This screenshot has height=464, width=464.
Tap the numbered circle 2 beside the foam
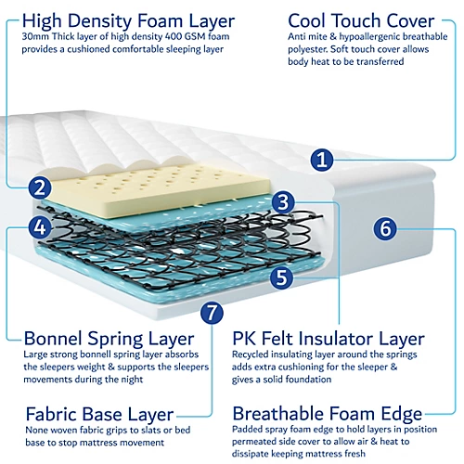pyautogui.click(x=38, y=187)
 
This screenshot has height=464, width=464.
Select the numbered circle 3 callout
pyautogui.click(x=285, y=200)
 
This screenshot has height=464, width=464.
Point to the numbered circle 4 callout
pyautogui.click(x=38, y=226)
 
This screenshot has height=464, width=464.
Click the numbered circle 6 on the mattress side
pyautogui.click(x=387, y=226)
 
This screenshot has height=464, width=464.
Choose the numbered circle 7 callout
pyautogui.click(x=213, y=313)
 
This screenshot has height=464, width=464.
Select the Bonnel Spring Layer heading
pyautogui.click(x=109, y=339)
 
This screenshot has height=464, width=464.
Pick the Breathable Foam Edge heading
pyautogui.click(x=328, y=414)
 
